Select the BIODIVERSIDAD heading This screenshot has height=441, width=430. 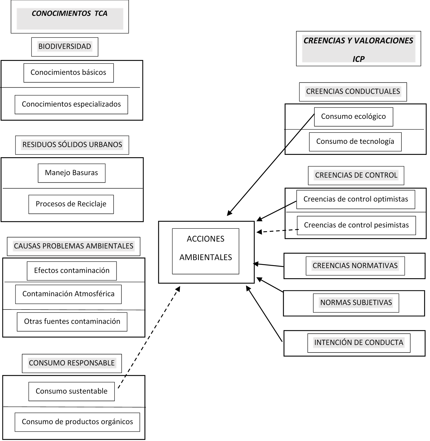click(65, 47)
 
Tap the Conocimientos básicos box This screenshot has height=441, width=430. click(68, 73)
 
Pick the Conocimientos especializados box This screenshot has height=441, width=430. click(71, 104)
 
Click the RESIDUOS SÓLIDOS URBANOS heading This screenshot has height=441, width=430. click(72, 145)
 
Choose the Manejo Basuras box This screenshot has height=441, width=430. click(71, 173)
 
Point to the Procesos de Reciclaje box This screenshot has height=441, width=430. click(71, 204)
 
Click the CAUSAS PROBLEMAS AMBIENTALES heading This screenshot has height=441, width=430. click(73, 246)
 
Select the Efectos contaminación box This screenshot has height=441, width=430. click(72, 271)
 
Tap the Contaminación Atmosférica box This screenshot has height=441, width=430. click(68, 294)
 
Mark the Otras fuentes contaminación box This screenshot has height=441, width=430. click(72, 322)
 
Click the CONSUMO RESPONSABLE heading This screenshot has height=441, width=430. click(72, 363)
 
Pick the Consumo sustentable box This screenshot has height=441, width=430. click(71, 391)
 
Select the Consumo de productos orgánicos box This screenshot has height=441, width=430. click(77, 422)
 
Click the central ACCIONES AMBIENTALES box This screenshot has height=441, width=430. click(206, 251)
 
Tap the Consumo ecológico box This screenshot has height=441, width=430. click(353, 117)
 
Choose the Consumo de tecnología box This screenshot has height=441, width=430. click(355, 142)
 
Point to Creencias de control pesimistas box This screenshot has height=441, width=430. click(356, 225)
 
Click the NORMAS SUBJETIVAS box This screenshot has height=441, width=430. click(356, 303)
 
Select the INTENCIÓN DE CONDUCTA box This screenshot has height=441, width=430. click(359, 343)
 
